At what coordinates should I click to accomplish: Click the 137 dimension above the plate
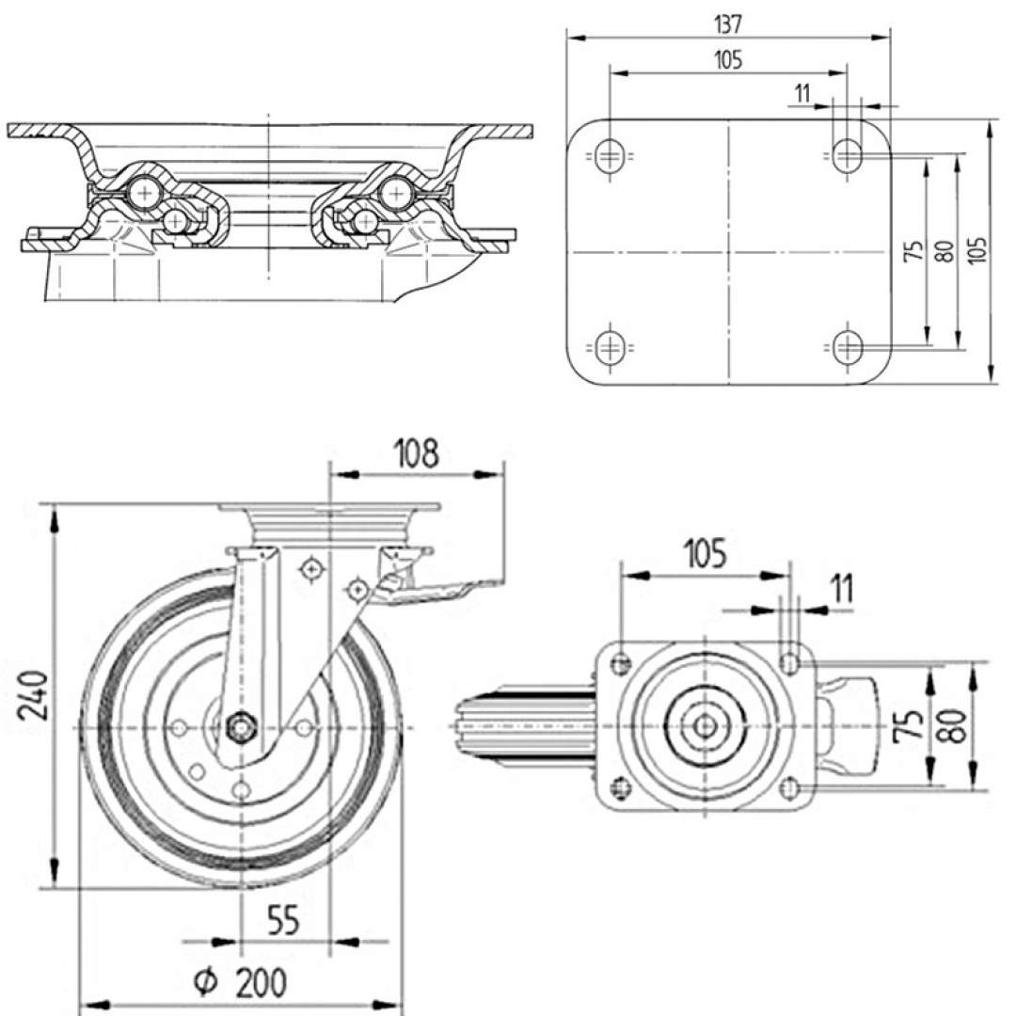pyautogui.click(x=727, y=24)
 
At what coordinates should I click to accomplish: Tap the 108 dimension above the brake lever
pyautogui.click(x=416, y=453)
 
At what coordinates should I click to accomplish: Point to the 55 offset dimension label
pyautogui.click(x=283, y=919)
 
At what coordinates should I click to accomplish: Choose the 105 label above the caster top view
pyautogui.click(x=705, y=554)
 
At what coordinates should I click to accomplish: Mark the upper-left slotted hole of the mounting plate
pyautogui.click(x=610, y=155)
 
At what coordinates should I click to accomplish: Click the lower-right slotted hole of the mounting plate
pyautogui.click(x=848, y=347)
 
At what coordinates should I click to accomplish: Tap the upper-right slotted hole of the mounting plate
pyautogui.click(x=848, y=155)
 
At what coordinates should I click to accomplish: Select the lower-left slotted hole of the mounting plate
pyautogui.click(x=610, y=347)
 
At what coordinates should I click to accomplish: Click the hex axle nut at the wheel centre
pyautogui.click(x=241, y=727)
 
